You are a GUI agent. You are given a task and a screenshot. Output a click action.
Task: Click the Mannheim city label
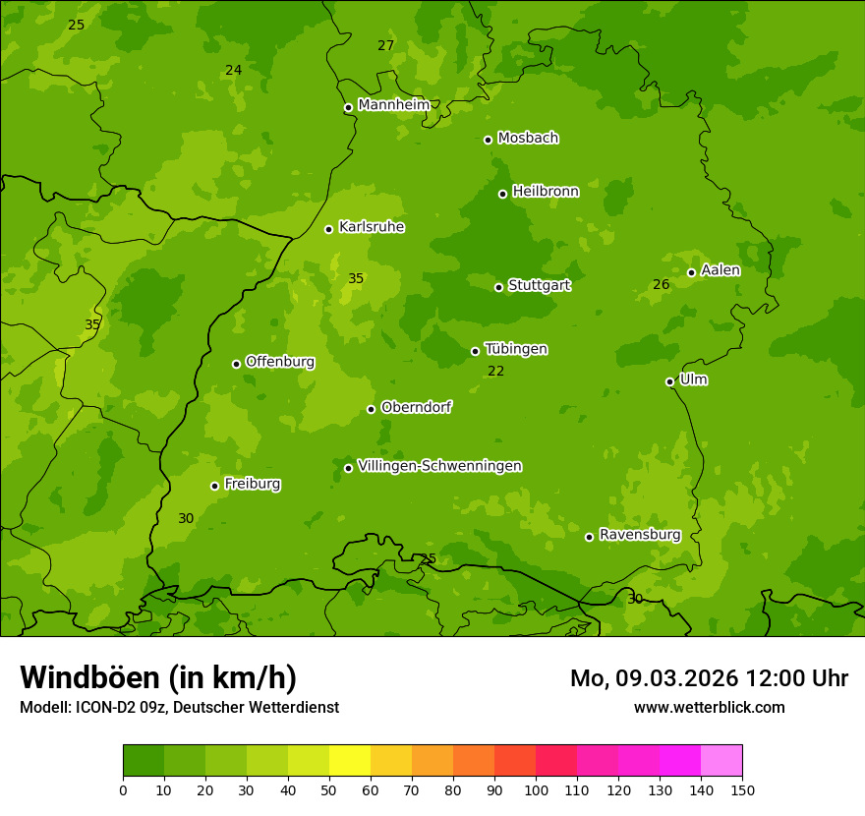[x=393, y=105]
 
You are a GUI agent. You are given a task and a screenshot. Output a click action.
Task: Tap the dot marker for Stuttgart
[x=498, y=287]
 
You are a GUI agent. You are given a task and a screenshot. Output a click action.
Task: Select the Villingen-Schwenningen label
[x=439, y=466]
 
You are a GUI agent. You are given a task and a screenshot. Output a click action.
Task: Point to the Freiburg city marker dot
[x=214, y=486]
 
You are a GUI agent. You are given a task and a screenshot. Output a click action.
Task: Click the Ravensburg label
[x=640, y=535]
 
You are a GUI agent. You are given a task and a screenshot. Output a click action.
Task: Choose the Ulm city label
[x=694, y=379]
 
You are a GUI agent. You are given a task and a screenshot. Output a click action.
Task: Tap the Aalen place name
[x=721, y=270]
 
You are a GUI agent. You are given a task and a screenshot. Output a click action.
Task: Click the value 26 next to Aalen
[x=662, y=285]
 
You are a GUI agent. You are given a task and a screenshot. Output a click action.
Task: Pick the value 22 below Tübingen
[x=495, y=372]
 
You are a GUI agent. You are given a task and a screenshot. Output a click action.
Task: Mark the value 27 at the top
[x=386, y=46]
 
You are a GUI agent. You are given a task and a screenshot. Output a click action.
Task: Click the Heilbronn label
[x=546, y=192]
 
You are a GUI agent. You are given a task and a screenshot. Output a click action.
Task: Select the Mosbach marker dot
[x=488, y=140]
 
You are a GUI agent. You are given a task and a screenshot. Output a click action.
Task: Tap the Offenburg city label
[x=280, y=362]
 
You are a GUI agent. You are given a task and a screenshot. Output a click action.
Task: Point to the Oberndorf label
[x=416, y=407]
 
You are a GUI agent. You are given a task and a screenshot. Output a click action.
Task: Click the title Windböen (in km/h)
[x=158, y=678]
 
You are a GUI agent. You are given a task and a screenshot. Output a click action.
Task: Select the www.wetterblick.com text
[x=709, y=707]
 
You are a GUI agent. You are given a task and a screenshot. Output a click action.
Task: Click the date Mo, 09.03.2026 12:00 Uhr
[x=709, y=678]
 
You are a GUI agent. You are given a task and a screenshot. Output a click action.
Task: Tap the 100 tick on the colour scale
[x=536, y=789]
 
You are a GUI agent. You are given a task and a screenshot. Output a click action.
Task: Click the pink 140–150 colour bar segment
[x=721, y=760]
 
